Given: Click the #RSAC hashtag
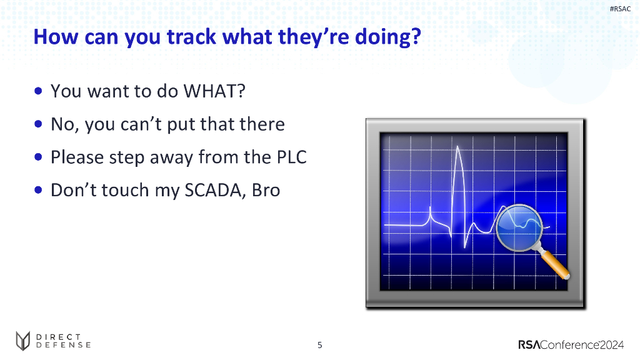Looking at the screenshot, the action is point(620,9).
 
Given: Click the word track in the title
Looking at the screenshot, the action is point(191,37).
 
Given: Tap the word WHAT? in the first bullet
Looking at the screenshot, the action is point(214,91).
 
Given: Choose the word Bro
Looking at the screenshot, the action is point(266,190).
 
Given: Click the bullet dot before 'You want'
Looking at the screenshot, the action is point(38,91).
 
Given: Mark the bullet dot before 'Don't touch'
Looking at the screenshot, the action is point(38,190).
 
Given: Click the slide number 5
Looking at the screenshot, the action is point(320,345).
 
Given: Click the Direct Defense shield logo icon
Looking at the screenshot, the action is point(23,341).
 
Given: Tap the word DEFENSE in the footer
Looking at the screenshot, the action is point(63,345).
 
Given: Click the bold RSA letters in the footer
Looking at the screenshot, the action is point(529,345).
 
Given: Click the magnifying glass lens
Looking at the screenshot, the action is point(519,227).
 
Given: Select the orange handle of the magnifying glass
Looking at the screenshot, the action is point(555,265).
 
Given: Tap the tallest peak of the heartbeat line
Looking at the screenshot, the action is point(457,147).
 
